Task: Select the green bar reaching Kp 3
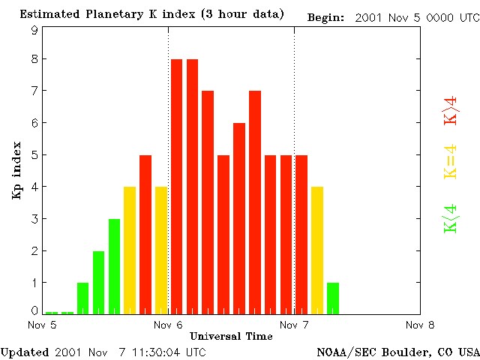point(114,266)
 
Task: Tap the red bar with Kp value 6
point(239,217)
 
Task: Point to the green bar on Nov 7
point(333,298)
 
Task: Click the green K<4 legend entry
point(451,217)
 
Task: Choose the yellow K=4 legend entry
point(451,161)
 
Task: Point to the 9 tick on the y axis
point(34,31)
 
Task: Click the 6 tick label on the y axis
point(34,123)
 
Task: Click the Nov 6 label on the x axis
point(169,325)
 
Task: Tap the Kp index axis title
point(16,170)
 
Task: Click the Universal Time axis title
point(231,335)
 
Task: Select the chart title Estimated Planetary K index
point(151,14)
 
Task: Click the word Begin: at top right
point(327,17)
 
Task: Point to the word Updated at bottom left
point(25,351)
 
